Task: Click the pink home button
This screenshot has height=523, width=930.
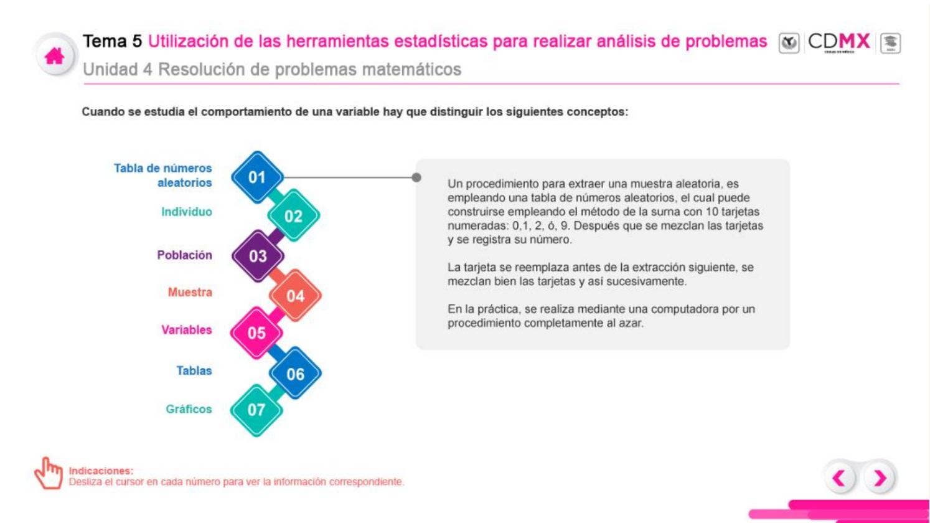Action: tap(55, 57)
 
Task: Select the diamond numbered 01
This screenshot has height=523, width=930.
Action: tap(257, 177)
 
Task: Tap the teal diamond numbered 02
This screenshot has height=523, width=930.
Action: tap(293, 216)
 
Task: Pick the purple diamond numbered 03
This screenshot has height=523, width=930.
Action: tap(258, 256)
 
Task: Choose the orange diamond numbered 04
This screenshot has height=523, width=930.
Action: tap(295, 296)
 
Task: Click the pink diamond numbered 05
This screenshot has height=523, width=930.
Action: tap(256, 333)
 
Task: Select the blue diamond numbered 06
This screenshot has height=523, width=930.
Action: tap(295, 374)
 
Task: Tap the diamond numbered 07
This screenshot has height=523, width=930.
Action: tap(256, 410)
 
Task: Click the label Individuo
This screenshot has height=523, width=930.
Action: tap(186, 212)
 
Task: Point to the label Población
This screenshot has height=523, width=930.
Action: tap(184, 255)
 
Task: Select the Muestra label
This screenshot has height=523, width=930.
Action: tap(189, 292)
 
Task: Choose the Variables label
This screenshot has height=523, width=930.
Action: tap(186, 330)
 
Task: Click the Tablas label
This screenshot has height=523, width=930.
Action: tap(194, 370)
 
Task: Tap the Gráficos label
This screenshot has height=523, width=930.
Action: tap(189, 409)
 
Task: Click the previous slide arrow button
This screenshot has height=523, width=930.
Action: tap(840, 478)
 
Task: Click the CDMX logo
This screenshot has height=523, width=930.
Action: tap(838, 42)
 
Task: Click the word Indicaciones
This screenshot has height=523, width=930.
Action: tap(101, 471)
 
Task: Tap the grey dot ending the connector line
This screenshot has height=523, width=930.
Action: tap(416, 177)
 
